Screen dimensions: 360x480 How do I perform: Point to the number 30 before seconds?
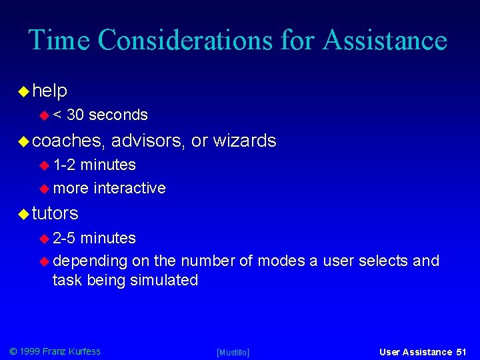click(x=75, y=115)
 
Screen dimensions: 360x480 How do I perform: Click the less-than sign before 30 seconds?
click(x=57, y=115)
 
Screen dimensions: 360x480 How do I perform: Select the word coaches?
click(x=68, y=141)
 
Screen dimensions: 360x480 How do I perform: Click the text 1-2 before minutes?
click(x=65, y=165)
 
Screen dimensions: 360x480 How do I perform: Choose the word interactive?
click(x=130, y=188)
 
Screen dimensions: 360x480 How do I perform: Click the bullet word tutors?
click(x=55, y=213)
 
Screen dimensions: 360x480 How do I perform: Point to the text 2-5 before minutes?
click(x=65, y=238)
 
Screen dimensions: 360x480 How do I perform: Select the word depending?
click(x=90, y=261)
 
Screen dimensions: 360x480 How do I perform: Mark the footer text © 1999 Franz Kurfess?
click(x=55, y=351)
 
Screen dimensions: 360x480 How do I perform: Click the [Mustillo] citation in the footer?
click(x=233, y=352)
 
